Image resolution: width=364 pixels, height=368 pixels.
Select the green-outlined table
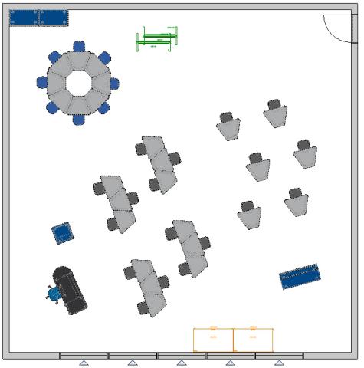[x=158, y=39]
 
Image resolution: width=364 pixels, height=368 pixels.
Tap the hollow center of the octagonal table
[x=79, y=83]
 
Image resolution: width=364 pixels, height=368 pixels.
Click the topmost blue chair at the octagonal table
[x=79, y=48]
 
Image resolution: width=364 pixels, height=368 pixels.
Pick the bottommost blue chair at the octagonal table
[x=79, y=119]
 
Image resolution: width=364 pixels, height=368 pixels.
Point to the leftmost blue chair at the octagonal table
[x=43, y=82]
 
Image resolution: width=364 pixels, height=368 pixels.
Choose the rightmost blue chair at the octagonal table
[x=114, y=84]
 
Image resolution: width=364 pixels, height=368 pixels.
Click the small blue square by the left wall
[x=62, y=232]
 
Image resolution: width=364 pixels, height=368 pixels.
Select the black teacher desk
[x=71, y=289]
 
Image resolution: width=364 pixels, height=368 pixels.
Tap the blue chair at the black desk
[x=54, y=294]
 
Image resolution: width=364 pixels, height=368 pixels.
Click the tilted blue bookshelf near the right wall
[x=300, y=276]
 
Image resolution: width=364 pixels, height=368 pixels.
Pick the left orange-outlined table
[x=213, y=339]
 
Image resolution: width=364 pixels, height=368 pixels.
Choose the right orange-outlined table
[x=254, y=339]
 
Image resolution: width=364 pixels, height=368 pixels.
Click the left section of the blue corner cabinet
[x=24, y=17]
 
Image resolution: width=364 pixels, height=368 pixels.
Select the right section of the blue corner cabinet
[x=53, y=17]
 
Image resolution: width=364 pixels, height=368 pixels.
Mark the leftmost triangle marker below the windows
[x=84, y=363]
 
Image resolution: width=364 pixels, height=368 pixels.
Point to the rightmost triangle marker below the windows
[x=279, y=363]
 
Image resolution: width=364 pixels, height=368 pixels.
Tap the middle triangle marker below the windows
[x=182, y=363]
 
